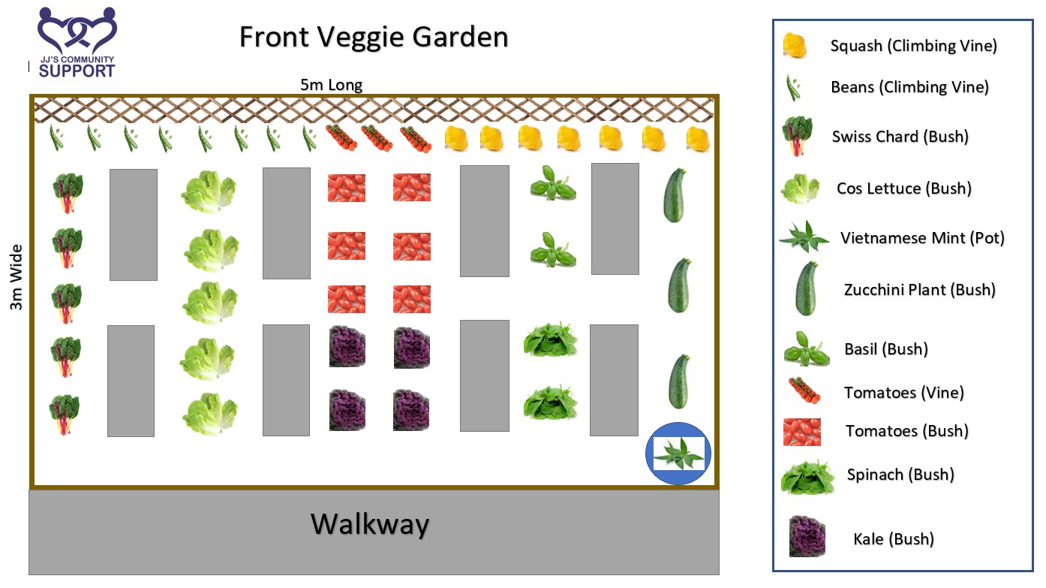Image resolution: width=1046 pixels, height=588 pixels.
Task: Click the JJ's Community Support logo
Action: coord(77,43)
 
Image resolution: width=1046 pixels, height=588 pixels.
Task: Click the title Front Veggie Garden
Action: coord(374,37)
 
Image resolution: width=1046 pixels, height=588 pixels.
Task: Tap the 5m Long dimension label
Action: coord(331,85)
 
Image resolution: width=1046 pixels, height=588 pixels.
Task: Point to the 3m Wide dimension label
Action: coord(16,277)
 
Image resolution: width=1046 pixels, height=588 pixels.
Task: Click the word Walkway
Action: coord(370,524)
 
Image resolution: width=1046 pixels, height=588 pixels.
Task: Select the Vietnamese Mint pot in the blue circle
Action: coord(678,454)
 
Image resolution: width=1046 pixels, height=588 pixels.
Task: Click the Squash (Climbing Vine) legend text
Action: coord(913,46)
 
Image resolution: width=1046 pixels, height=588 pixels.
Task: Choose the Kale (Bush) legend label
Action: coord(894,539)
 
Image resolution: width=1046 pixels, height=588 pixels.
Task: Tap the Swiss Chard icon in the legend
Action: coord(798,136)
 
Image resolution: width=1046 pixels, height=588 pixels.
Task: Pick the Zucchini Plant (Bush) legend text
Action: coord(919,290)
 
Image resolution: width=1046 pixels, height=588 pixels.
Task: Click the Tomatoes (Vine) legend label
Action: coord(903,393)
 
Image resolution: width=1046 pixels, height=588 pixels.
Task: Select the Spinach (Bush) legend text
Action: coord(900,475)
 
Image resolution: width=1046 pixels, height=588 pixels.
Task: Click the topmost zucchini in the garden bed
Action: coord(675,195)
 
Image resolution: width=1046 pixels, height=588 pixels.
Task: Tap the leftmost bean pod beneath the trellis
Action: coord(56,138)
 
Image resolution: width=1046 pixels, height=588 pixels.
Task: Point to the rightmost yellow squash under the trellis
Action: coord(698,139)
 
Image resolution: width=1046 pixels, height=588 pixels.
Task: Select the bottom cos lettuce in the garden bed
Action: coord(209,414)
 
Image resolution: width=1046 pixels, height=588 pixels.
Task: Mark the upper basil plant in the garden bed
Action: coord(553,183)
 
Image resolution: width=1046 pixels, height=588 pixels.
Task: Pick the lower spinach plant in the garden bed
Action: coord(550,403)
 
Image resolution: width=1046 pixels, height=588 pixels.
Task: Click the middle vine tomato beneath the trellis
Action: coord(377,138)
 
